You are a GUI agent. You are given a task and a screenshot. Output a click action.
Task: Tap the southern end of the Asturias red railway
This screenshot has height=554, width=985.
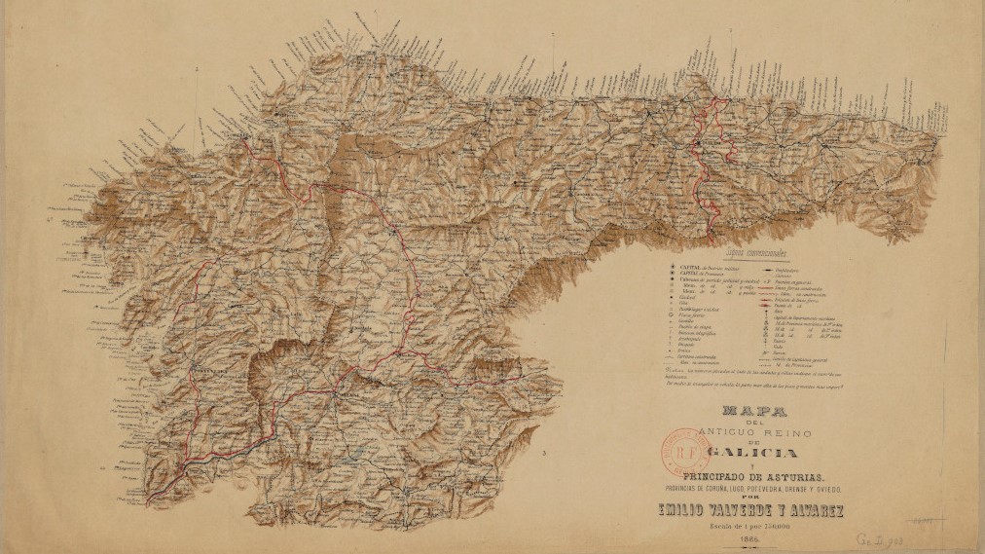(711, 235)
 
